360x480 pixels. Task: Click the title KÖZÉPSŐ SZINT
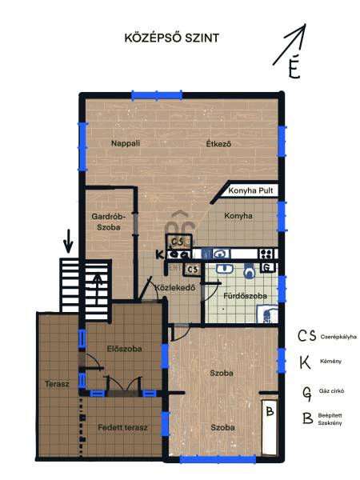172,38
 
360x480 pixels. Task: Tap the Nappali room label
126,143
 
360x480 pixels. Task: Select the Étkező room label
218,143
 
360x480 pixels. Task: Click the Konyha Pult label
250,190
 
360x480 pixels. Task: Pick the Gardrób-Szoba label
109,222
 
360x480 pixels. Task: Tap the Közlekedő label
174,288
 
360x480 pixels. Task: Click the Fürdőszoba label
246,296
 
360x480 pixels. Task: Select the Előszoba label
124,349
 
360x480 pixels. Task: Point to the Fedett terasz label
122,428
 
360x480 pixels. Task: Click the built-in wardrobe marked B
270,427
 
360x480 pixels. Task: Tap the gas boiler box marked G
267,268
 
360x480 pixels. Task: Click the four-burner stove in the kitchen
266,254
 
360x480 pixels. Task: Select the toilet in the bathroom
250,270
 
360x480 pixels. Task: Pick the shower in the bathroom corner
266,314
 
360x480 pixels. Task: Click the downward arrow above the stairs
68,242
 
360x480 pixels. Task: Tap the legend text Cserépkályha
338,337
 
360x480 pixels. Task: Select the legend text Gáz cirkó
331,391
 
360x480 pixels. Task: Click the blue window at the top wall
157,95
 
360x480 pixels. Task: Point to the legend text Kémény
330,362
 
